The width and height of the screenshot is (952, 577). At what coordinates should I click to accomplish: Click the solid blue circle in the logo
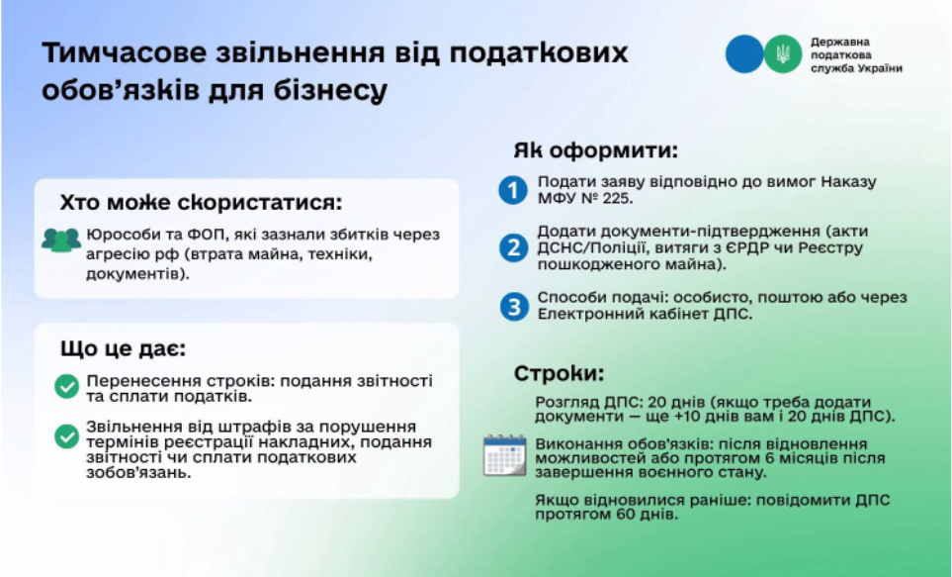(744, 54)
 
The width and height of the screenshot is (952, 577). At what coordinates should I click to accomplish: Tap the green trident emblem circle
(783, 54)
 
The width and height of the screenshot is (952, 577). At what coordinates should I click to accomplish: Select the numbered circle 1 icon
(513, 190)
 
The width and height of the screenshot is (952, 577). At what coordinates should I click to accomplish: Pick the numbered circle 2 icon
(514, 247)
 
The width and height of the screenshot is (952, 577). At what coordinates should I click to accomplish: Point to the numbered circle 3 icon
(514, 307)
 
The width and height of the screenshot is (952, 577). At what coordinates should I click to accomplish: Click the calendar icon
(504, 455)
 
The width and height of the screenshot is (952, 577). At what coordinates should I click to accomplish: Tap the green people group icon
(60, 240)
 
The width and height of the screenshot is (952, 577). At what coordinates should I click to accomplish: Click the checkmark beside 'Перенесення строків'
(67, 386)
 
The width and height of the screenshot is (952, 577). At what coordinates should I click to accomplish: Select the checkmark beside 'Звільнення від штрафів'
(67, 436)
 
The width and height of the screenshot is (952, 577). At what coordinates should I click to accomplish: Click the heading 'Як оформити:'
(595, 150)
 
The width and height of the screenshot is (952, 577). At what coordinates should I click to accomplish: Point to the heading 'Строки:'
(560, 373)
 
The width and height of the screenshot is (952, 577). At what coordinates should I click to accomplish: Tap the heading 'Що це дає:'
(124, 348)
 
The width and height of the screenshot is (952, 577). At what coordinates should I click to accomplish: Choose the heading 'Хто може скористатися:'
(201, 203)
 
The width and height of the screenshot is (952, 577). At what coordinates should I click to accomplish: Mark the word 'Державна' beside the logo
(840, 42)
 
